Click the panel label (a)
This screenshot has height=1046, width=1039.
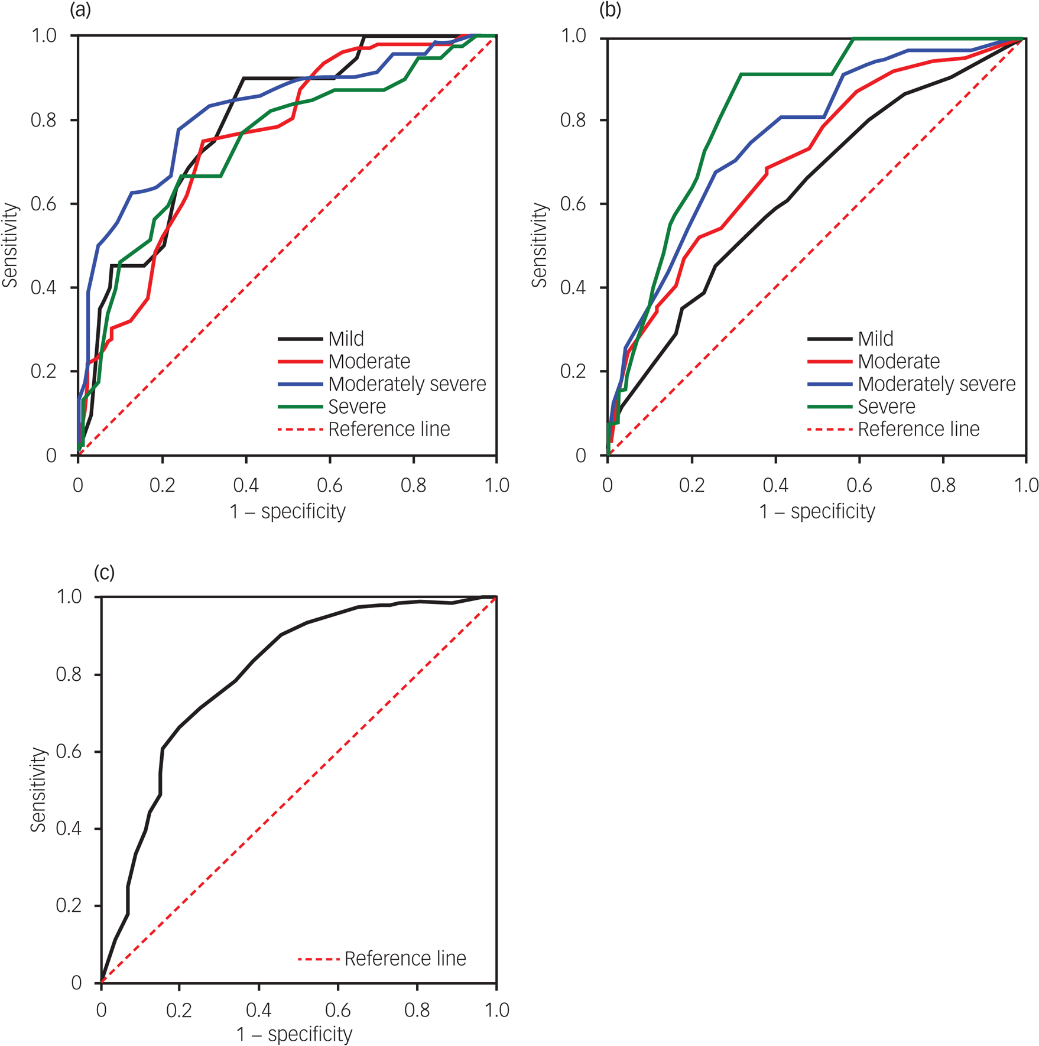point(80,10)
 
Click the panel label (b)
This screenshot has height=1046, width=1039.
point(610,10)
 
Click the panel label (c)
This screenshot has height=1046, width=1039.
point(104,572)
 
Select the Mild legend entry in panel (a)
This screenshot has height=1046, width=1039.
point(346,339)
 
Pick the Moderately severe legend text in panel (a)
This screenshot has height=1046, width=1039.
point(407,384)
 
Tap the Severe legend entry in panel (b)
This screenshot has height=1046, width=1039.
point(886,407)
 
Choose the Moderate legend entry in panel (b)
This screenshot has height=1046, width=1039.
point(898,361)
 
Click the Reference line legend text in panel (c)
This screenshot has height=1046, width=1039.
point(405,958)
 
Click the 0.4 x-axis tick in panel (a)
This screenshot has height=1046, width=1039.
point(246,485)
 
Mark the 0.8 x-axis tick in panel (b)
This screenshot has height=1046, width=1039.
point(943,485)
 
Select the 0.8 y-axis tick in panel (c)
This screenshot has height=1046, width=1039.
point(69,674)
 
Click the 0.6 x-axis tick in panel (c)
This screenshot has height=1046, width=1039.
point(338,1010)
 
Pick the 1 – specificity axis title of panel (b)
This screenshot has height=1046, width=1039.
point(817,511)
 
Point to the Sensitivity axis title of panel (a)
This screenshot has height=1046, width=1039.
point(10,245)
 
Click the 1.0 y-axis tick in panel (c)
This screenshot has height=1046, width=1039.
point(69,597)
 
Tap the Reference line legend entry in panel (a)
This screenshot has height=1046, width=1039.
point(389,429)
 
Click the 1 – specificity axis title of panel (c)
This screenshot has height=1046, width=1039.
point(294,1034)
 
